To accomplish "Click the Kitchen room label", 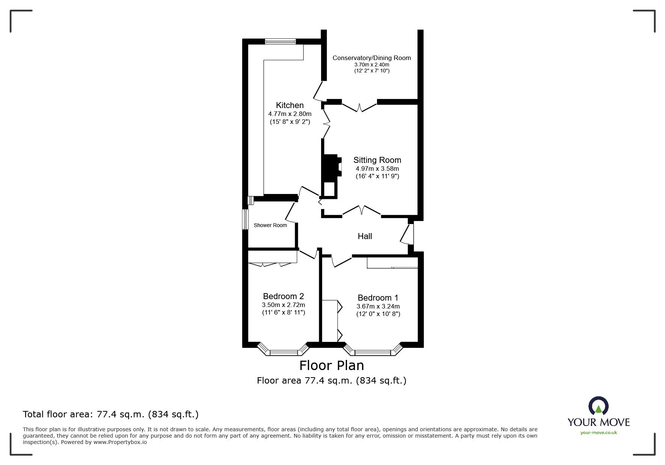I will coord(290,105).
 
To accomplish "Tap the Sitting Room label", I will coord(377,160).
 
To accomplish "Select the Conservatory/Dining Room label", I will coord(371,58).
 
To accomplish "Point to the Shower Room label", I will coord(270,225).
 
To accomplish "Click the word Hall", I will coord(365,236).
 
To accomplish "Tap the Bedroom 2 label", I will coord(283,296).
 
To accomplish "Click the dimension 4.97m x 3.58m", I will coord(377,169).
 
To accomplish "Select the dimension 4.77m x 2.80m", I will coord(290,114).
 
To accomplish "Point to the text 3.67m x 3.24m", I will coord(378,306).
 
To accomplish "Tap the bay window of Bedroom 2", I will coord(283,351).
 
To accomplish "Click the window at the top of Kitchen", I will coord(280,41).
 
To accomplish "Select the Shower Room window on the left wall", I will coord(245,219).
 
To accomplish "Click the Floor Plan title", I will coord(331,365).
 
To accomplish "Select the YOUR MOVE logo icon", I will coord(598,406).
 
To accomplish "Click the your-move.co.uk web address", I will coord(599,433).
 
